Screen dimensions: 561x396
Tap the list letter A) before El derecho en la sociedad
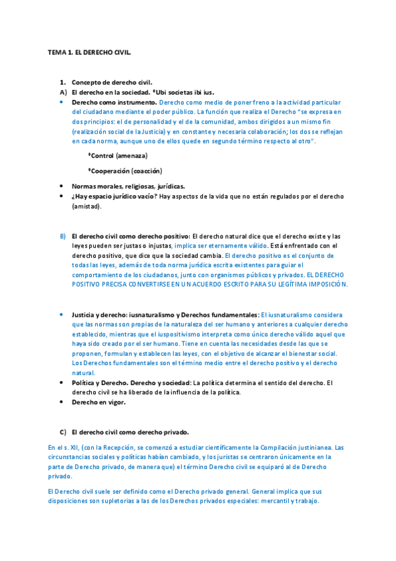tap(63, 93)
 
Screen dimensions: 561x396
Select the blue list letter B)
tap(63, 236)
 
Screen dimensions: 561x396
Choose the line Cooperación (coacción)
tap(126, 171)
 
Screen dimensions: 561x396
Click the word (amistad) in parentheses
tap(87, 206)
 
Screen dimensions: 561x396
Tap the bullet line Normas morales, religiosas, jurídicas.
tap(128, 187)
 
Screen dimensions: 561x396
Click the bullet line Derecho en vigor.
tap(99, 402)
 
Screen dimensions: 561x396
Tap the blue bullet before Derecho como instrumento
tap(61, 103)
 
